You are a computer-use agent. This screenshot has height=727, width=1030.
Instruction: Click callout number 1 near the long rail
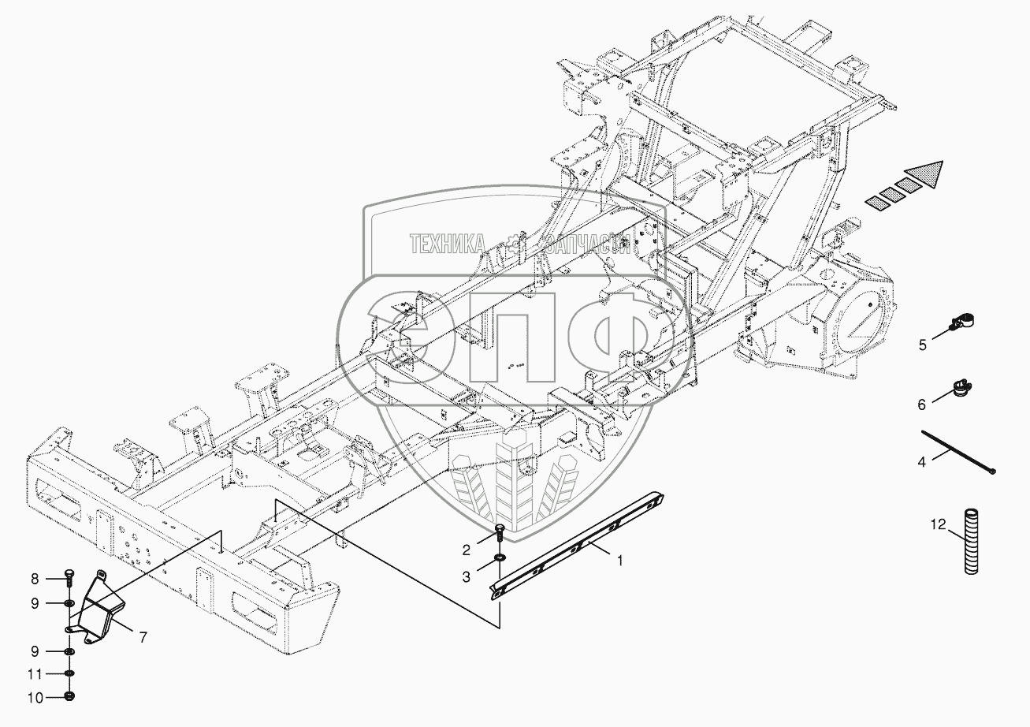pyautogui.click(x=620, y=561)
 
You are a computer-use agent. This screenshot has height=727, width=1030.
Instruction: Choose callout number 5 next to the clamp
pyautogui.click(x=921, y=345)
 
